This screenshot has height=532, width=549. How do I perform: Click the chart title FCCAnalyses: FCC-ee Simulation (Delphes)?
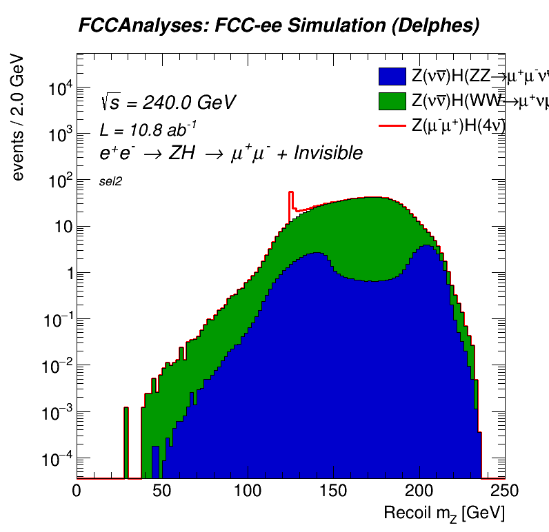coord(279,26)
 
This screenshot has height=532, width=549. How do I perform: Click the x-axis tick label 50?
coord(161,490)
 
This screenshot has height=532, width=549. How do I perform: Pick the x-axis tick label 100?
coord(248,490)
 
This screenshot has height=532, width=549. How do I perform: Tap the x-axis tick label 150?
coord(333,490)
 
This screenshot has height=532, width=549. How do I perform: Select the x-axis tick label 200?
coord(419,490)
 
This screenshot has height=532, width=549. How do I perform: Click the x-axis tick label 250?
coord(504,490)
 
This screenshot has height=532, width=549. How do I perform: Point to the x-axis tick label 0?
coord(77,490)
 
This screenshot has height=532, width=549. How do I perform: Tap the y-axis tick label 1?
coord(66,274)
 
